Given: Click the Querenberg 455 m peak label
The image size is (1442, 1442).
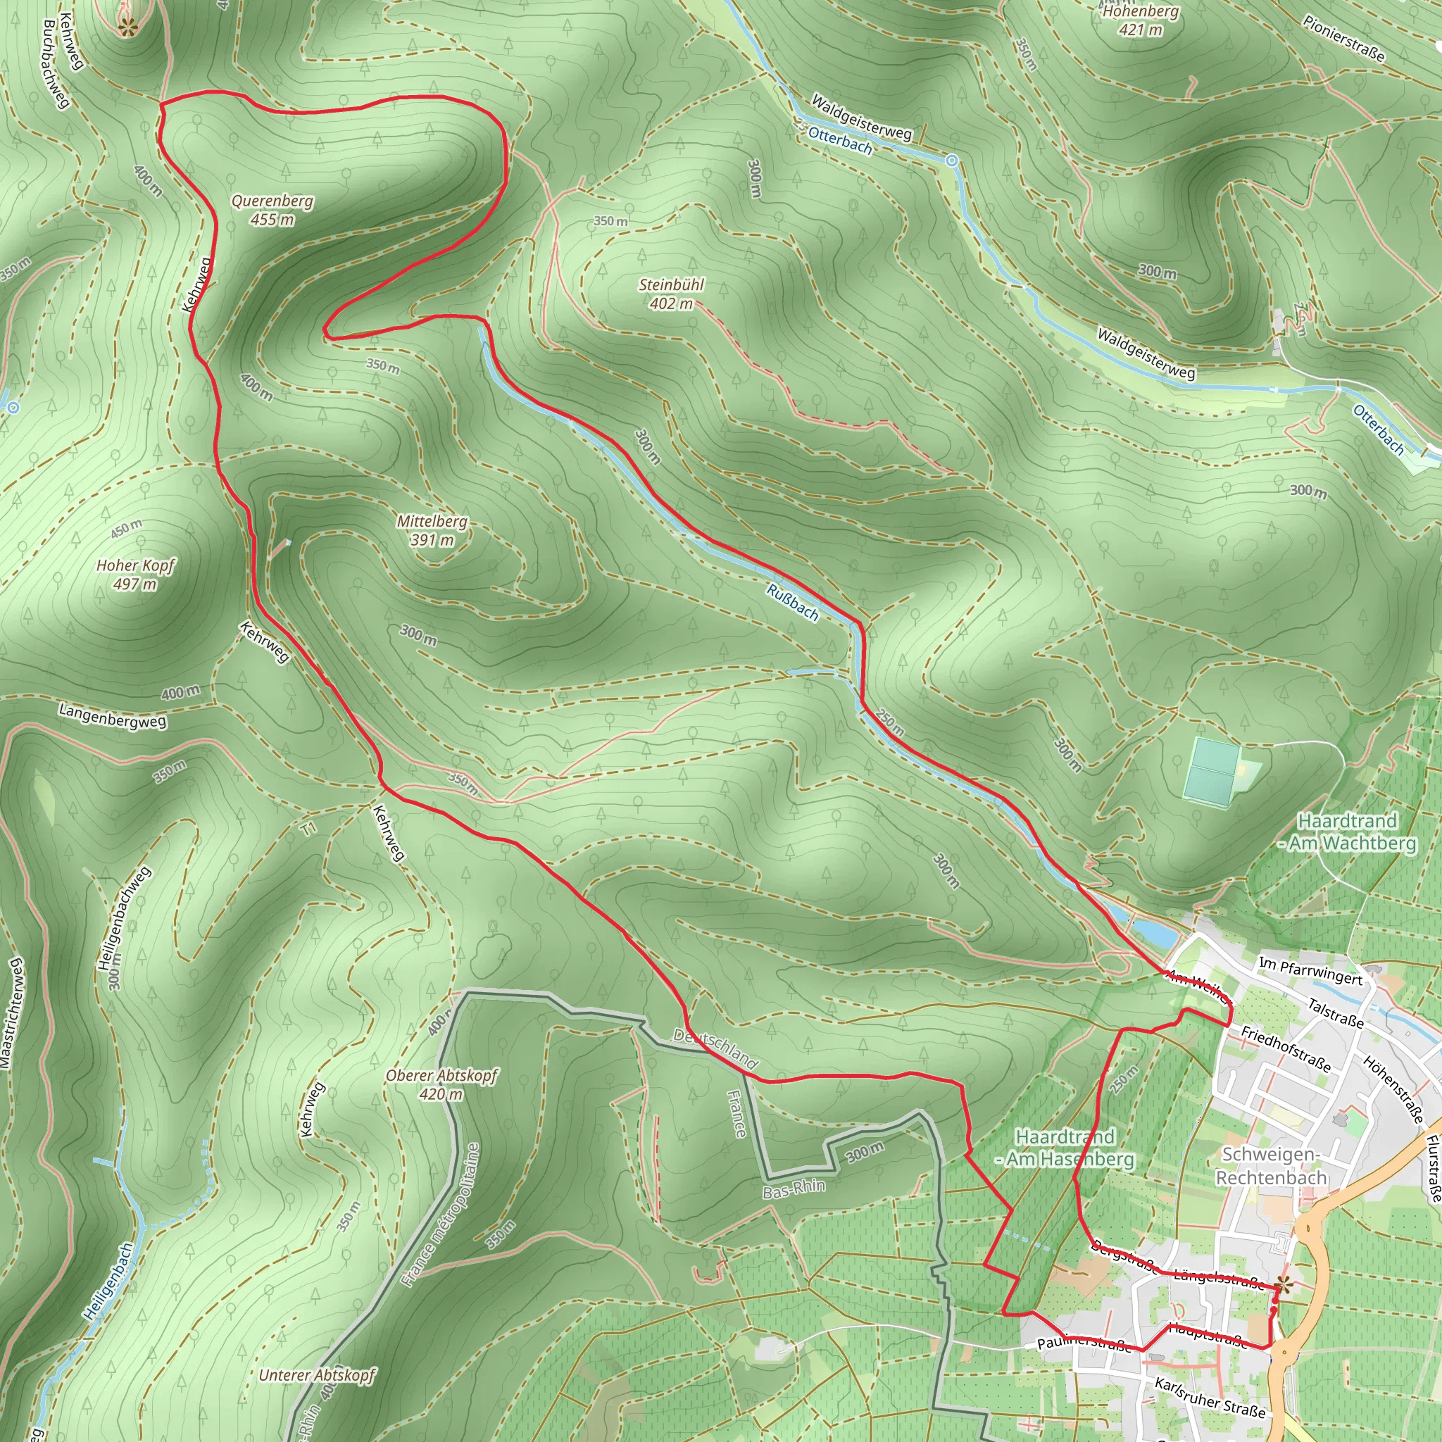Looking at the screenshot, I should [x=272, y=210].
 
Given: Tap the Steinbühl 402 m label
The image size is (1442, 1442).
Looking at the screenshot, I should [x=671, y=294].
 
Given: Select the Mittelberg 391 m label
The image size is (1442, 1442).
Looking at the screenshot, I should [x=432, y=531].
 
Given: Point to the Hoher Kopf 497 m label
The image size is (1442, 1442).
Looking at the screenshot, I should [x=135, y=574].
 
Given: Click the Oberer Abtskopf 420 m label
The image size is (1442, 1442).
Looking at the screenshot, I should [x=441, y=1084].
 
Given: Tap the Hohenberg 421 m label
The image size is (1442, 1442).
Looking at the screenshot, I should [x=1141, y=20].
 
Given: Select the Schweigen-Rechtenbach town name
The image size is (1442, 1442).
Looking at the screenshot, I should [x=1271, y=1165].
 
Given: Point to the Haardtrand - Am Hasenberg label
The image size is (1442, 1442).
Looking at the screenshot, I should [x=1066, y=1147].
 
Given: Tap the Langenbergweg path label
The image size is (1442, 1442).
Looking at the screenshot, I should [x=113, y=716].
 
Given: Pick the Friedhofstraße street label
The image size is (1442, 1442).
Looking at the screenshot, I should [x=1285, y=1048].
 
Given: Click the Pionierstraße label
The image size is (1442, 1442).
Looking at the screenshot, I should [x=1344, y=38].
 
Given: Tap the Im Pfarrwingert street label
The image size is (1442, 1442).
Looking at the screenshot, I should [x=1310, y=970].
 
